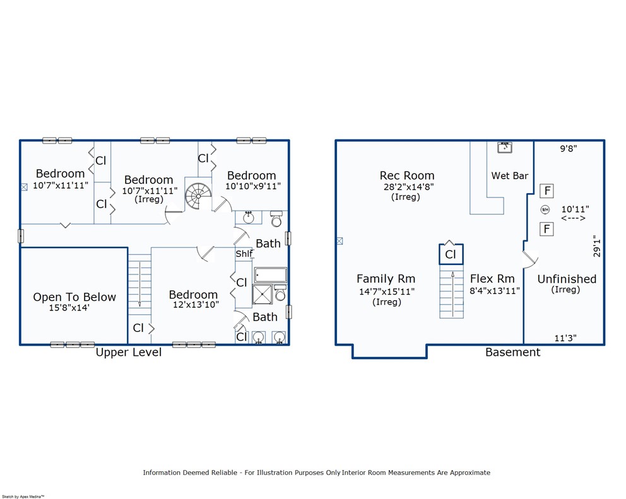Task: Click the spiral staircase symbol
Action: [198, 196]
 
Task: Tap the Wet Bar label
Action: [509, 175]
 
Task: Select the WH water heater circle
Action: [545, 209]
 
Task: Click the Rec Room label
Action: [407, 175]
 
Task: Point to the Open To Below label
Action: [74, 297]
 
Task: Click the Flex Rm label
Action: [492, 279]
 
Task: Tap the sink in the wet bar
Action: [505, 148]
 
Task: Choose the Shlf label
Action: [244, 254]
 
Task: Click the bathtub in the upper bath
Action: [270, 275]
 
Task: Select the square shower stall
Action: [263, 294]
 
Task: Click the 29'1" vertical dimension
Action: [596, 246]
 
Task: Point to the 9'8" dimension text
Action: [568, 148]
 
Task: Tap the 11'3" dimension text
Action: [565, 338]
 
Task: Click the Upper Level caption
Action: [129, 352]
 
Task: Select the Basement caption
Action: [512, 352]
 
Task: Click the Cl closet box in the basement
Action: [451, 254]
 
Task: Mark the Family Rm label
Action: [386, 279]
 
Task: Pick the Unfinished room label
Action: [567, 279]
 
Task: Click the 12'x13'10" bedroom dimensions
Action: [196, 305]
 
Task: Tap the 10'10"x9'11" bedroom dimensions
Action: [253, 186]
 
